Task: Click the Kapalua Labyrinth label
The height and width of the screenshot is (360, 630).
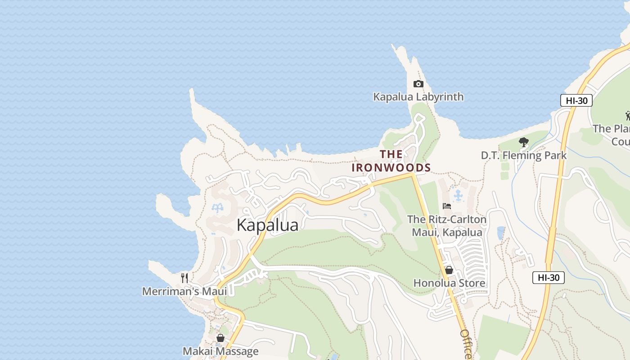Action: point(418,97)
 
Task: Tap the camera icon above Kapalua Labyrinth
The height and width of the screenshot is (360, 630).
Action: point(418,84)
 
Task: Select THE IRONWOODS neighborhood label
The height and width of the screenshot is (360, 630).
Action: point(391,161)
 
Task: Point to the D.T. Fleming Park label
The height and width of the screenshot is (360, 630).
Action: point(523,156)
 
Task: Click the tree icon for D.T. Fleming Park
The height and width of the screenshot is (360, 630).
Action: point(523,143)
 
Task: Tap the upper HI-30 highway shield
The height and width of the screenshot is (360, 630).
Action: point(576,100)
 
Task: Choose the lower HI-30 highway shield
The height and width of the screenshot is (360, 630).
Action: point(548,278)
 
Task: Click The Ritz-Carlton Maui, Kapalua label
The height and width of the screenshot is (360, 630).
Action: point(446,226)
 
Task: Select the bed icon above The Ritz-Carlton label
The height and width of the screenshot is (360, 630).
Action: point(446,206)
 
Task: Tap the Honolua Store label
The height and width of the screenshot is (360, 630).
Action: point(449,283)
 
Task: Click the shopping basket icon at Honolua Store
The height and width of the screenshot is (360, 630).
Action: point(449,270)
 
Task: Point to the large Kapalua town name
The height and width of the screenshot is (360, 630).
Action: point(267,225)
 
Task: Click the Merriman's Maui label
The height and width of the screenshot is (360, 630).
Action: point(184,291)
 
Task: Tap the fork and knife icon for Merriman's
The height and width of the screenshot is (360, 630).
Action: point(184,278)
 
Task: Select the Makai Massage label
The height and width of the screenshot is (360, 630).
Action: point(220,351)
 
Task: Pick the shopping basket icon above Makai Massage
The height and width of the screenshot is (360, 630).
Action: point(220,338)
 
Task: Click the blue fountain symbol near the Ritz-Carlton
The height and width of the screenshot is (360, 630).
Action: point(458,195)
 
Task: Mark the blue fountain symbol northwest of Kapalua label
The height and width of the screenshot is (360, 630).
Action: point(218,207)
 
